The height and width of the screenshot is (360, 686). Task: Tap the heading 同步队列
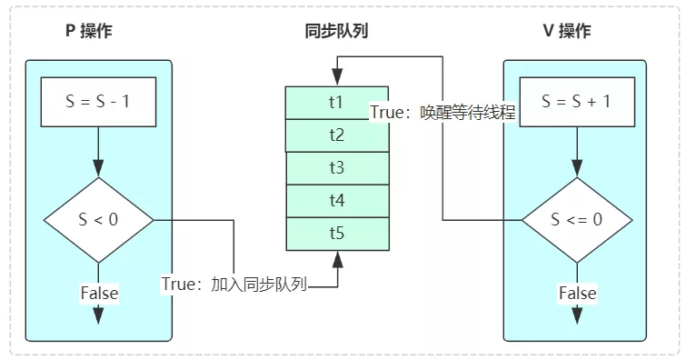[x=336, y=31]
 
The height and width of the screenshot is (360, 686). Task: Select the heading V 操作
[x=567, y=31]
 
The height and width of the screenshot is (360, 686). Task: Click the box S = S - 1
[x=99, y=102]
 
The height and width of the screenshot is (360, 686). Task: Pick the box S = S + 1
[x=575, y=102]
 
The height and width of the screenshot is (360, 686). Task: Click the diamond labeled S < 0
[x=99, y=219]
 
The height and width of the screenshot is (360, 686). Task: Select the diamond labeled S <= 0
[x=575, y=219]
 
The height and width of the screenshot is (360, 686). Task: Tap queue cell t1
[x=336, y=102]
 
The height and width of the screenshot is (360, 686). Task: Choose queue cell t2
[x=336, y=135]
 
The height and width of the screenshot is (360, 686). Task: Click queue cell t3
[x=336, y=168]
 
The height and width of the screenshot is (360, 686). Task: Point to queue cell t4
[x=336, y=201]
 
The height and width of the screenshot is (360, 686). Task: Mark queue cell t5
[x=336, y=233]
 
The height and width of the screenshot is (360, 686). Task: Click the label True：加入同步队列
[x=234, y=284]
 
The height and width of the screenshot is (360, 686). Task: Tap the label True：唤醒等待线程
[x=442, y=114]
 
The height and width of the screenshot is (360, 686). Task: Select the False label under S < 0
[x=99, y=293]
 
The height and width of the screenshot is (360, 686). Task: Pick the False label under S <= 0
[x=577, y=293]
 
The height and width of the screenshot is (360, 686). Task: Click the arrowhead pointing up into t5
[x=338, y=259]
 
